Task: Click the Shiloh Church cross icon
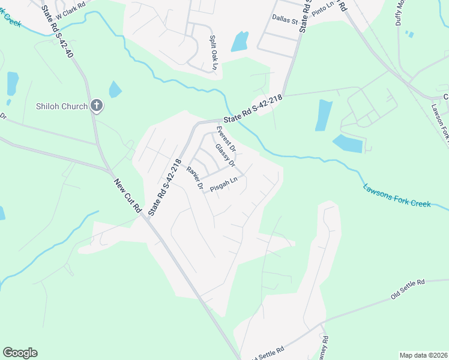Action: click(x=96, y=106)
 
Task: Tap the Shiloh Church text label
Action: click(x=61, y=106)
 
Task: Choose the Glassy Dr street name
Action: click(x=224, y=155)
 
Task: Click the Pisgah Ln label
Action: click(x=224, y=182)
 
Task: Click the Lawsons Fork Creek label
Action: click(x=397, y=196)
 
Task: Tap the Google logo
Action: click(x=20, y=353)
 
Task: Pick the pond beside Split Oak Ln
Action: click(x=240, y=41)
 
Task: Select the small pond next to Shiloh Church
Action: click(x=115, y=90)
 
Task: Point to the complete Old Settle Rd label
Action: click(x=408, y=289)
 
